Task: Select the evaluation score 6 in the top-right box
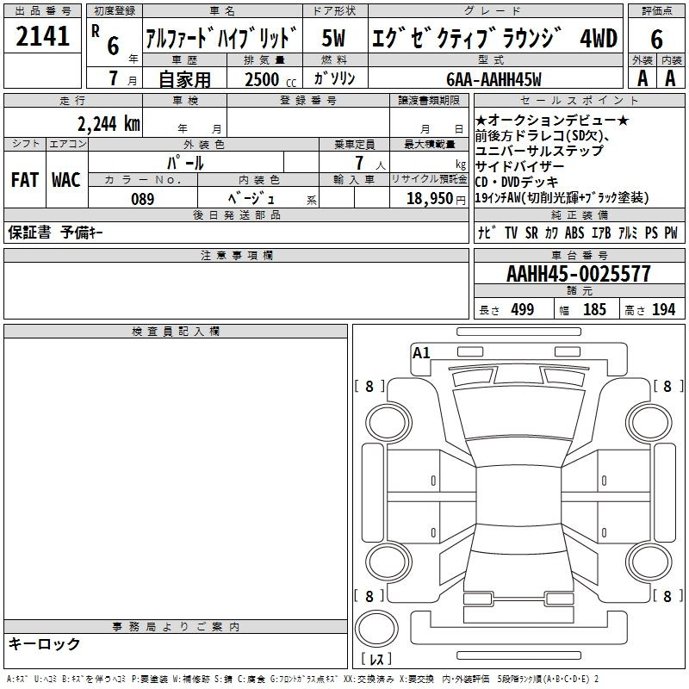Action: pyautogui.click(x=656, y=39)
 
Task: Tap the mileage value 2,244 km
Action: pyautogui.click(x=109, y=123)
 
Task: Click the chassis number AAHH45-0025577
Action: pyautogui.click(x=579, y=274)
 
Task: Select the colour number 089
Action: pyautogui.click(x=143, y=199)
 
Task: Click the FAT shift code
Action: pyautogui.click(x=24, y=180)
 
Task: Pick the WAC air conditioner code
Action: pyautogui.click(x=65, y=180)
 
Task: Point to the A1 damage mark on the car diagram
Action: pyautogui.click(x=421, y=352)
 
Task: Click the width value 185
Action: pyautogui.click(x=594, y=309)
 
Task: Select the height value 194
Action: pyautogui.click(x=663, y=309)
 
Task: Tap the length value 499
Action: pyautogui.click(x=522, y=309)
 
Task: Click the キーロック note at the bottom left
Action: pyautogui.click(x=45, y=643)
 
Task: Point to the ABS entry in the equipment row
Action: pyautogui.click(x=574, y=233)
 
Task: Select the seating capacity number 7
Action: pyautogui.click(x=356, y=162)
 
